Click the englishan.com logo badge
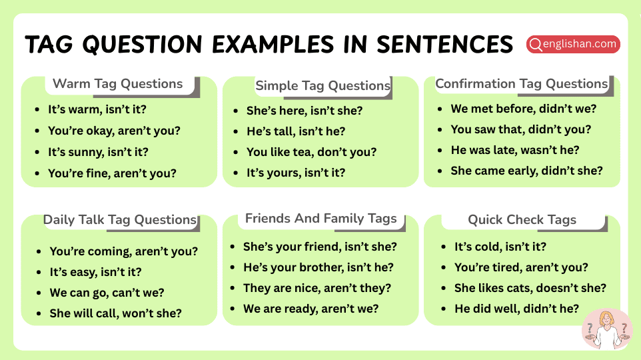point(573,44)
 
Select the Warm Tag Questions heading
point(117,84)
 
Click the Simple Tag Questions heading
point(322,86)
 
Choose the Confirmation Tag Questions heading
point(521,84)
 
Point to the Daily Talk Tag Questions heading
point(120,220)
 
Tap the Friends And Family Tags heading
point(320,219)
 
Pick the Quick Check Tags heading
point(522,220)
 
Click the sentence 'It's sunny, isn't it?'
point(98,152)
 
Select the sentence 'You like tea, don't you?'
point(311,152)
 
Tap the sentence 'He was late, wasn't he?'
point(515,150)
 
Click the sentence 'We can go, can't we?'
point(107,293)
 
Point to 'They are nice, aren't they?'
point(317,288)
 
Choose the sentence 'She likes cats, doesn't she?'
point(530,288)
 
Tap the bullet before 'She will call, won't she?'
point(39,313)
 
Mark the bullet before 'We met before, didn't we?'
point(440,109)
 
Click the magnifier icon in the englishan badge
point(535,45)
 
